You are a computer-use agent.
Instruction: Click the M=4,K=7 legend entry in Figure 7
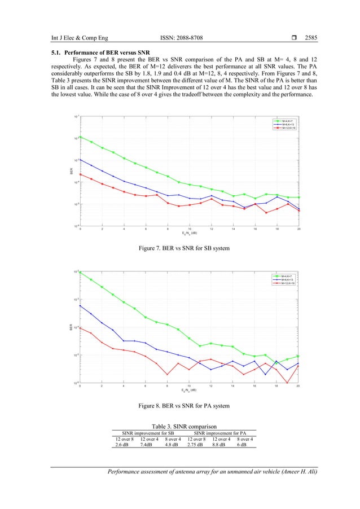coord(284,120)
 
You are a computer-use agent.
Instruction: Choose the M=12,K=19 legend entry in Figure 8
coord(284,283)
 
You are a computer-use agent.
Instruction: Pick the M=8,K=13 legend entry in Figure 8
coord(284,279)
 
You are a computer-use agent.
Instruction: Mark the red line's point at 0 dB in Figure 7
coord(80,174)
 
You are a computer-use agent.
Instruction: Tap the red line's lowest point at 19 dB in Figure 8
coord(288,383)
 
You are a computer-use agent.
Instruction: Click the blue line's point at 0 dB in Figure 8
coord(80,306)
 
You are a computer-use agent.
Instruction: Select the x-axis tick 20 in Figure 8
coord(298,387)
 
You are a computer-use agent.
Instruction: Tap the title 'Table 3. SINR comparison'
coord(180,426)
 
